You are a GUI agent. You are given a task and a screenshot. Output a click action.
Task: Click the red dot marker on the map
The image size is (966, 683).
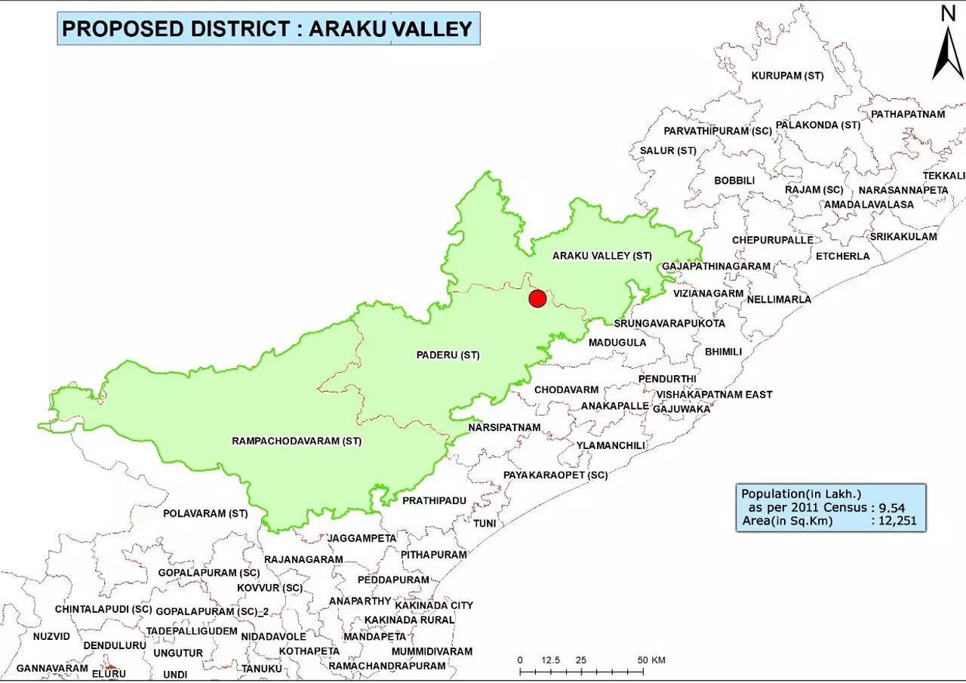(x=537, y=299)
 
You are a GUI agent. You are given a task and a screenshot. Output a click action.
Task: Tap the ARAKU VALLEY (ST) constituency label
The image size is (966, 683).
(x=601, y=256)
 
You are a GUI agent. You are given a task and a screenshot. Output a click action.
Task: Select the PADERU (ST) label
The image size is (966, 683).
(x=448, y=355)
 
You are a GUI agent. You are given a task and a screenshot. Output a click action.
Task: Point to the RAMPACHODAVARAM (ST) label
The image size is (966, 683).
(x=297, y=441)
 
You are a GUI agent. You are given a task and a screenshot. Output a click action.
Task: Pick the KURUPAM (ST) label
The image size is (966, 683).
(x=787, y=75)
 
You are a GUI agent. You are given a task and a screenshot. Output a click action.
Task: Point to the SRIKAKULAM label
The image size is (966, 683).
(x=903, y=236)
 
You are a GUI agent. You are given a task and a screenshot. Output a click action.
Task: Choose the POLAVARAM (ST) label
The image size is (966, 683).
(x=205, y=513)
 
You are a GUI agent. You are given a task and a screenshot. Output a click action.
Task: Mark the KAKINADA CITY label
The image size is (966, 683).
(x=434, y=605)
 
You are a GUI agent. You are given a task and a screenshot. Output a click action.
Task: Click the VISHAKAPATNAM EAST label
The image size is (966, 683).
(x=714, y=395)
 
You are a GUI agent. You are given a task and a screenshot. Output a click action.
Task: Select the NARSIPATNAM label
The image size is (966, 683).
(x=504, y=427)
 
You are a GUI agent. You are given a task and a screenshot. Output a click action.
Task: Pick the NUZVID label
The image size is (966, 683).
(x=51, y=636)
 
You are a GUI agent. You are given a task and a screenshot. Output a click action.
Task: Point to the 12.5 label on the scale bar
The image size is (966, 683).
(x=549, y=660)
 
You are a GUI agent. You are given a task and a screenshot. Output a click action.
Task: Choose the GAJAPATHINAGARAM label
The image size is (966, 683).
(x=715, y=266)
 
